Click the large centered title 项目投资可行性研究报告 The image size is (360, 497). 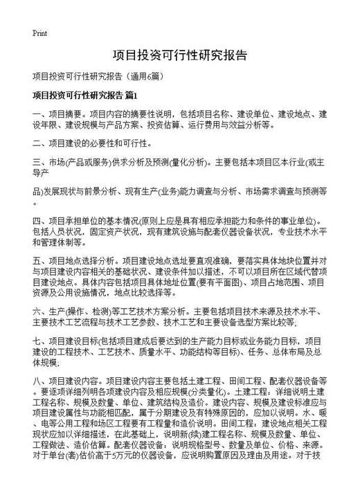(179, 55)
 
